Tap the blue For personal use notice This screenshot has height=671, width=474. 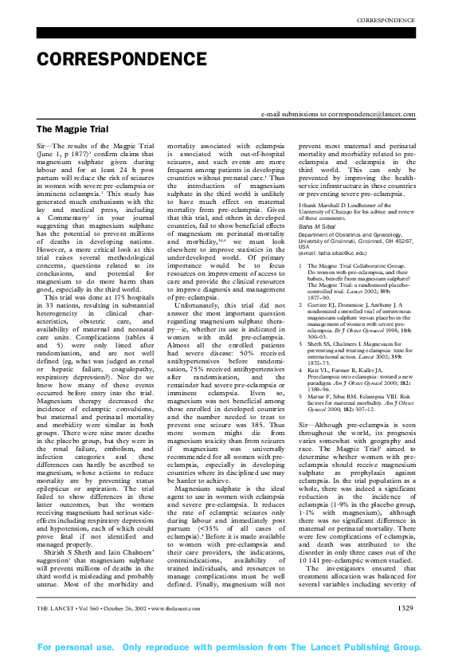[x=237, y=648]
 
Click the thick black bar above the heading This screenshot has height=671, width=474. [x=237, y=33]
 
